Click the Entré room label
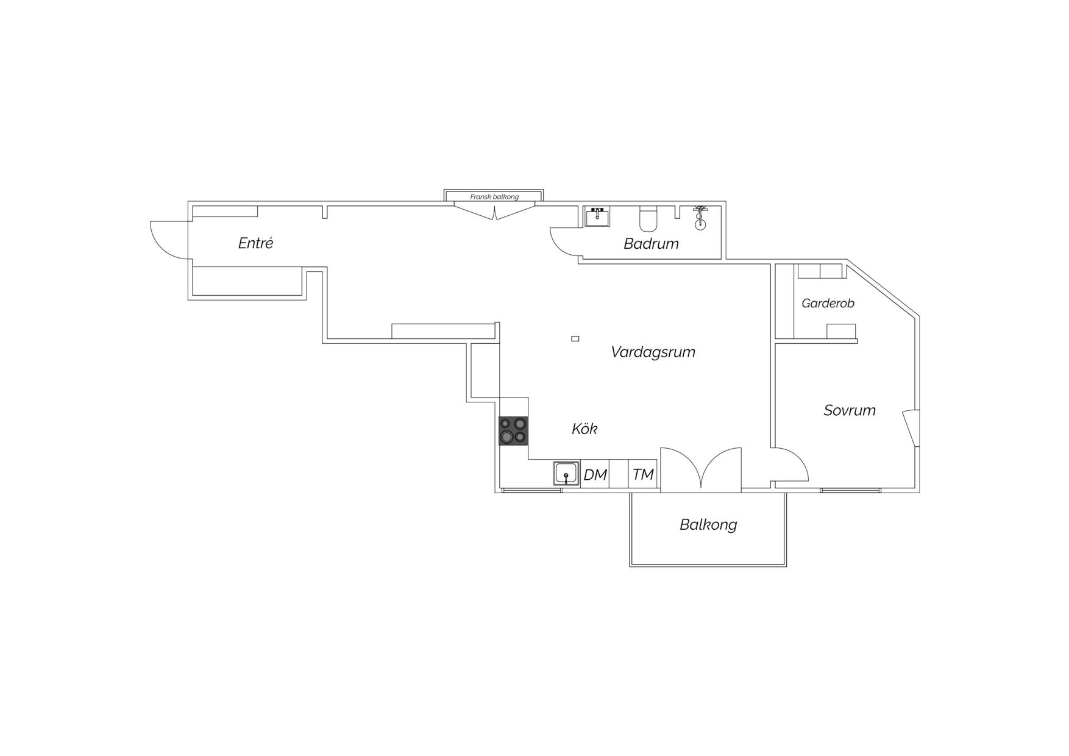click(x=255, y=243)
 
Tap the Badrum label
click(x=651, y=244)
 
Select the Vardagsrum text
click(x=653, y=352)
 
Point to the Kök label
click(x=584, y=429)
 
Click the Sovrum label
click(x=850, y=410)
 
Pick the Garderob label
click(x=828, y=303)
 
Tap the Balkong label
click(x=708, y=525)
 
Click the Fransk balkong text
click(x=494, y=197)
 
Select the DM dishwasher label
click(x=595, y=474)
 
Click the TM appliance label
click(x=642, y=474)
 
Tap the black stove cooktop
click(x=513, y=431)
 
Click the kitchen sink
click(x=566, y=474)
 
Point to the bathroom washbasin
click(x=597, y=216)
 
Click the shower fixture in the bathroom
click(x=700, y=218)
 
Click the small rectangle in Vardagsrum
click(x=575, y=338)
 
